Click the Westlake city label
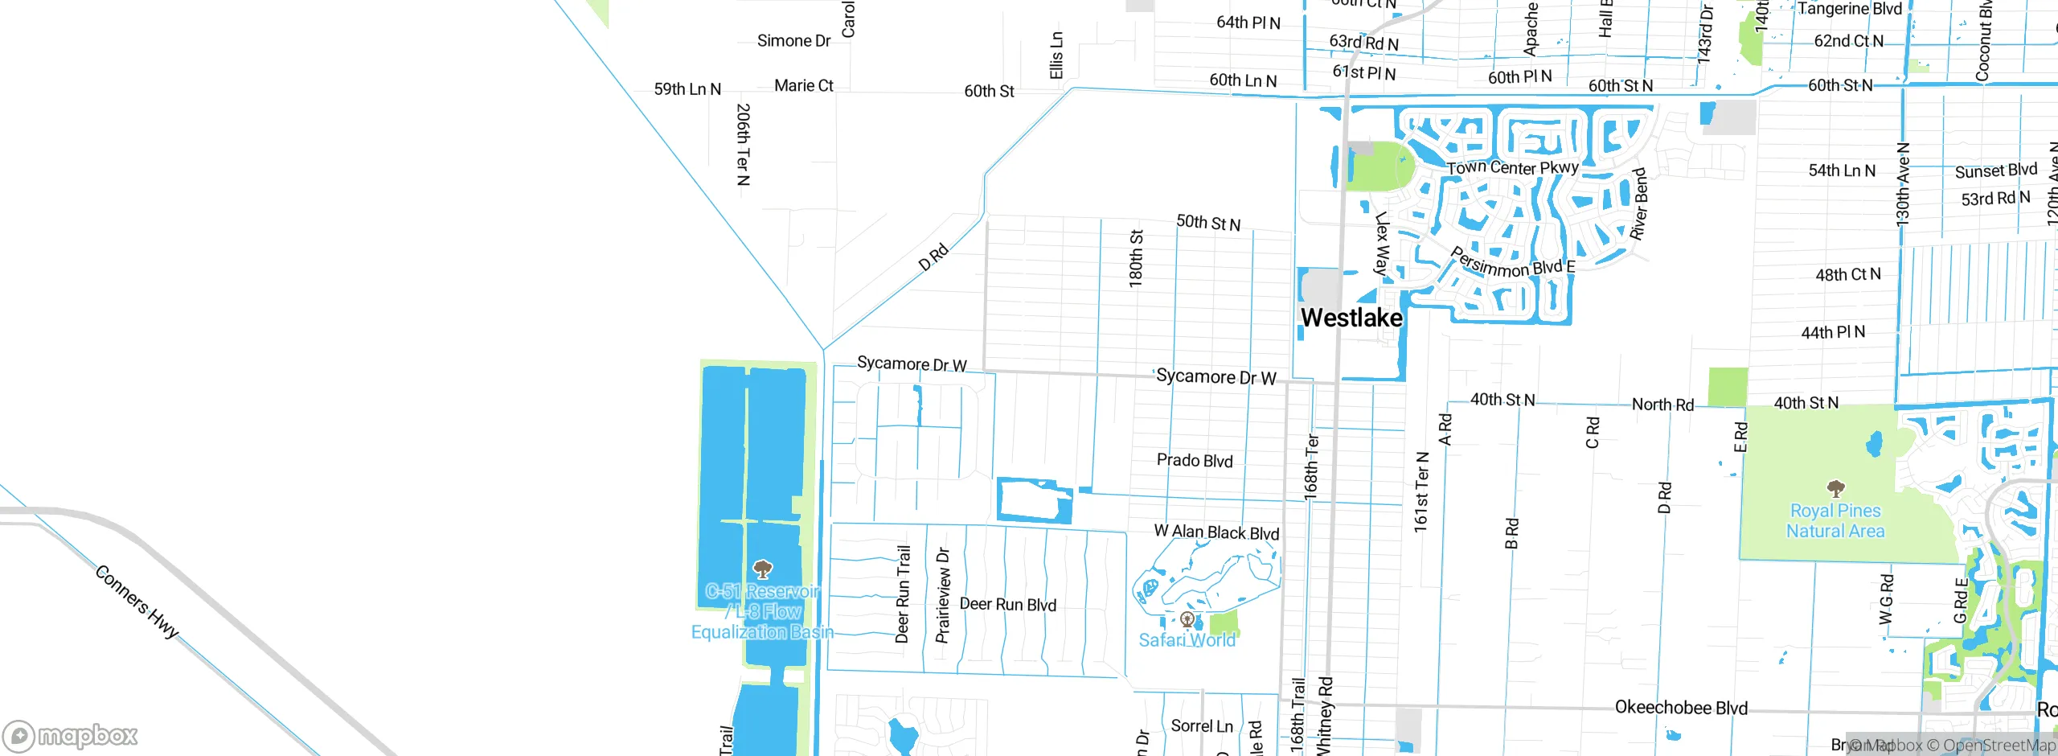1351,318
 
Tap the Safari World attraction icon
1187,619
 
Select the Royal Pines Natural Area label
1835,521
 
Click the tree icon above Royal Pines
1835,488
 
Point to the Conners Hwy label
137,602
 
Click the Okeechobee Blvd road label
1681,708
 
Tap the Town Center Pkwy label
1512,167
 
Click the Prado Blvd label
1195,460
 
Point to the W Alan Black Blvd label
1216,532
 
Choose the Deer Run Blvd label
1008,604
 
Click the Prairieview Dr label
943,596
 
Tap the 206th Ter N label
743,145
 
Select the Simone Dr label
793,41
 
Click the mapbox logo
71,736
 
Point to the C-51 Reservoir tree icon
762,570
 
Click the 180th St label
1136,259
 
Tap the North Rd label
1662,405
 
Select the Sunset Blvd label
1996,171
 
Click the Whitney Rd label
1326,716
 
